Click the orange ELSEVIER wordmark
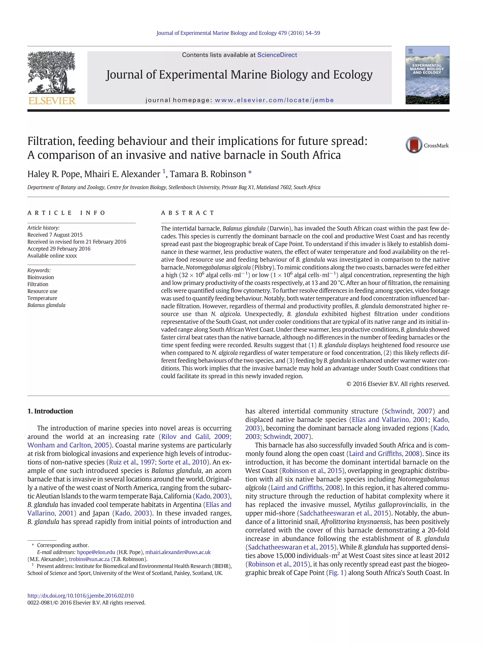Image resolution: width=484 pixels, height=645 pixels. pyautogui.click(x=52, y=101)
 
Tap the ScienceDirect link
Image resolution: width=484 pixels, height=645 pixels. pyautogui.click(x=277, y=55)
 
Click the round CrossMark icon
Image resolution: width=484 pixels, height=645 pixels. pyautogui.click(x=413, y=145)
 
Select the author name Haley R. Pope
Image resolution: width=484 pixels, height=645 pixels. pyautogui.click(x=54, y=174)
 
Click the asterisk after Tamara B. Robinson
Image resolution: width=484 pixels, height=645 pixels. pyautogui.click(x=250, y=173)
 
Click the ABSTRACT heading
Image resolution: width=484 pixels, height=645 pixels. pyautogui.click(x=188, y=213)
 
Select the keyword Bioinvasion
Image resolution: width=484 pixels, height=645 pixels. pyautogui.click(x=41, y=277)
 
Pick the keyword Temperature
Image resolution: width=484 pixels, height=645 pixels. pyautogui.click(x=42, y=298)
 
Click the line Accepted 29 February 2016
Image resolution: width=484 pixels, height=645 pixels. pyautogui.click(x=59, y=248)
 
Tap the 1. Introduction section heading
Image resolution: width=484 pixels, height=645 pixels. pyautogui.click(x=50, y=411)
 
